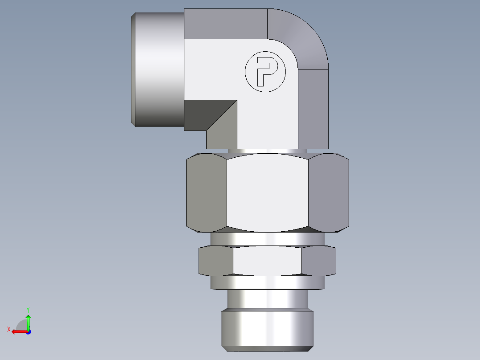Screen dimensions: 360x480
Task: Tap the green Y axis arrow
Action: pyautogui.click(x=28, y=320)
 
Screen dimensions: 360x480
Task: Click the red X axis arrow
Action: pyautogui.click(x=17, y=331)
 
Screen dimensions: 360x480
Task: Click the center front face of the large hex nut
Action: pyautogui.click(x=267, y=192)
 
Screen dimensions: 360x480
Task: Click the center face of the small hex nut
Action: pyautogui.click(x=267, y=261)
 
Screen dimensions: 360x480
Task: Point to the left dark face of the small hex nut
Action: pyautogui.click(x=216, y=261)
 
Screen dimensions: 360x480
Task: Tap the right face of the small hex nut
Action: pyautogui.click(x=318, y=261)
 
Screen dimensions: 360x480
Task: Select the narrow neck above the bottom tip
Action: pyautogui.click(x=267, y=299)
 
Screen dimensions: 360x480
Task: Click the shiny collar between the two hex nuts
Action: pyautogui.click(x=267, y=239)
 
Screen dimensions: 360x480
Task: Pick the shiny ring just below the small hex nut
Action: pyautogui.click(x=267, y=282)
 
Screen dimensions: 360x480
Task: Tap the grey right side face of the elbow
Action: pyautogui.click(x=313, y=109)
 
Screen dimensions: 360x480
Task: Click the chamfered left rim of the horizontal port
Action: pyautogui.click(x=133, y=69)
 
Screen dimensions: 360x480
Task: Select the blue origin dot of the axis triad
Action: pyautogui.click(x=28, y=332)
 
